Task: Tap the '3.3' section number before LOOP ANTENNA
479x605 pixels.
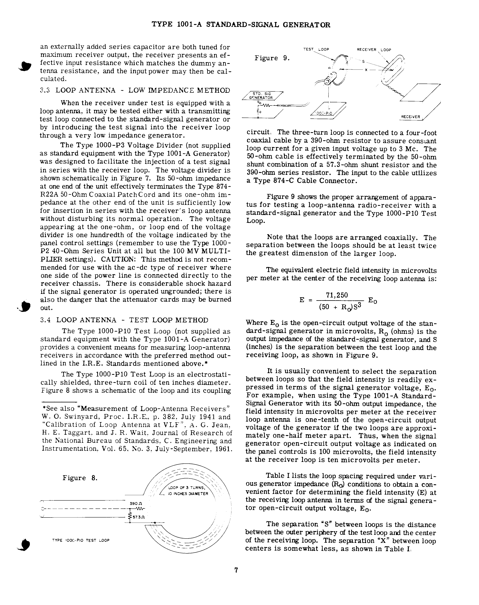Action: click(45, 90)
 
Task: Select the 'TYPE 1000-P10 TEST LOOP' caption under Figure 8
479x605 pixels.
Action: click(81, 540)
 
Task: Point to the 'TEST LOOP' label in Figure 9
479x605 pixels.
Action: click(316, 49)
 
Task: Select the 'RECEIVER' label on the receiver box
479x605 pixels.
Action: click(410, 117)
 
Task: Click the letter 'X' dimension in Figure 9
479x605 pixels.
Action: click(366, 70)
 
